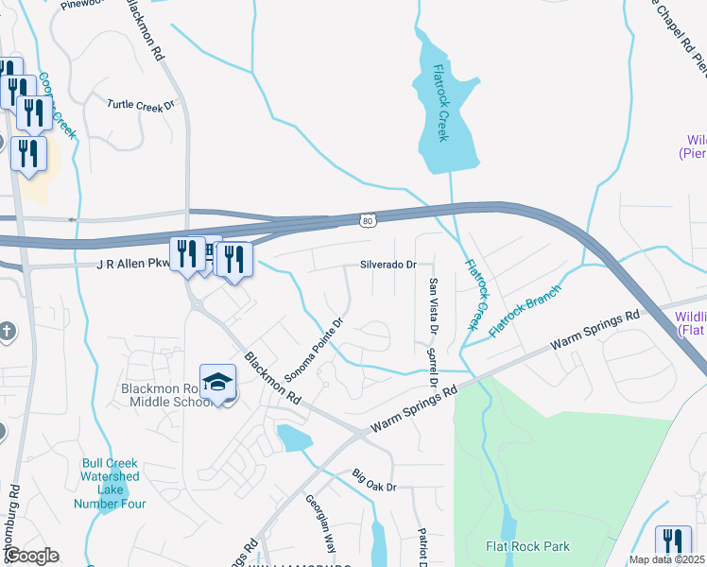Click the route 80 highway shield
click(x=367, y=220)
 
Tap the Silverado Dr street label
click(x=388, y=265)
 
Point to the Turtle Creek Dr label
click(x=141, y=105)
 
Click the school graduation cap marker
click(x=217, y=382)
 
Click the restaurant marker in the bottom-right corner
click(x=672, y=542)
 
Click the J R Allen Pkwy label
click(x=131, y=266)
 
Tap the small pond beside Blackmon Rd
click(x=295, y=438)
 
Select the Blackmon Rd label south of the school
click(x=272, y=379)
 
